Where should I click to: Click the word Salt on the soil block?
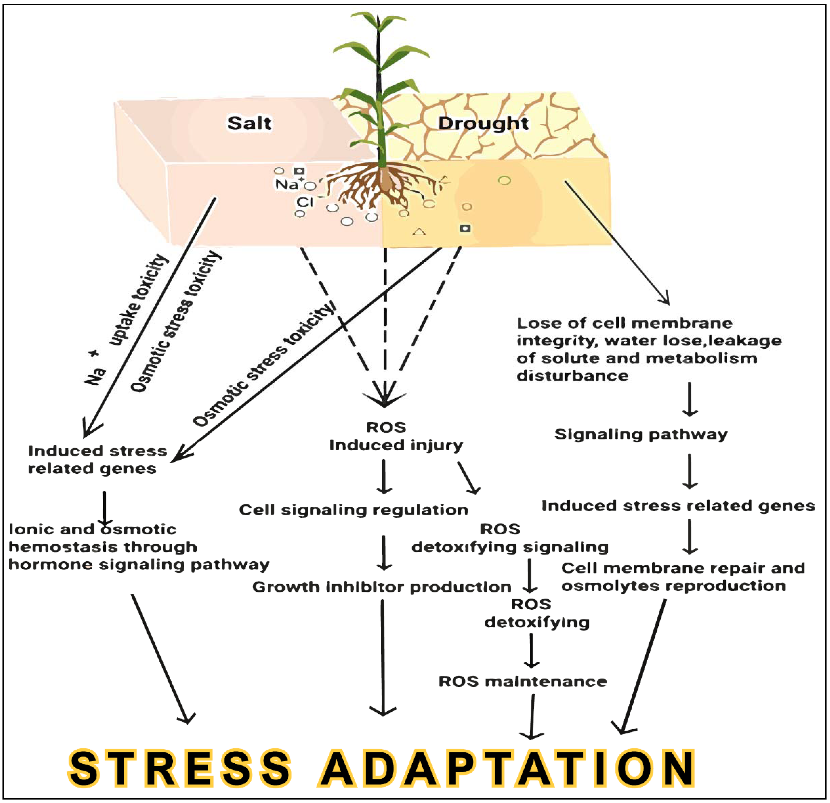249,124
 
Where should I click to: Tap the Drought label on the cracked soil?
483,124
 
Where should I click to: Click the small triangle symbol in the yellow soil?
419,232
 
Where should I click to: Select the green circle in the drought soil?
504,181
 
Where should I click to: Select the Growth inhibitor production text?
382,587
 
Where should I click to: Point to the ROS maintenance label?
523,681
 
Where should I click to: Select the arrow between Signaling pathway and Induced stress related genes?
689,471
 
